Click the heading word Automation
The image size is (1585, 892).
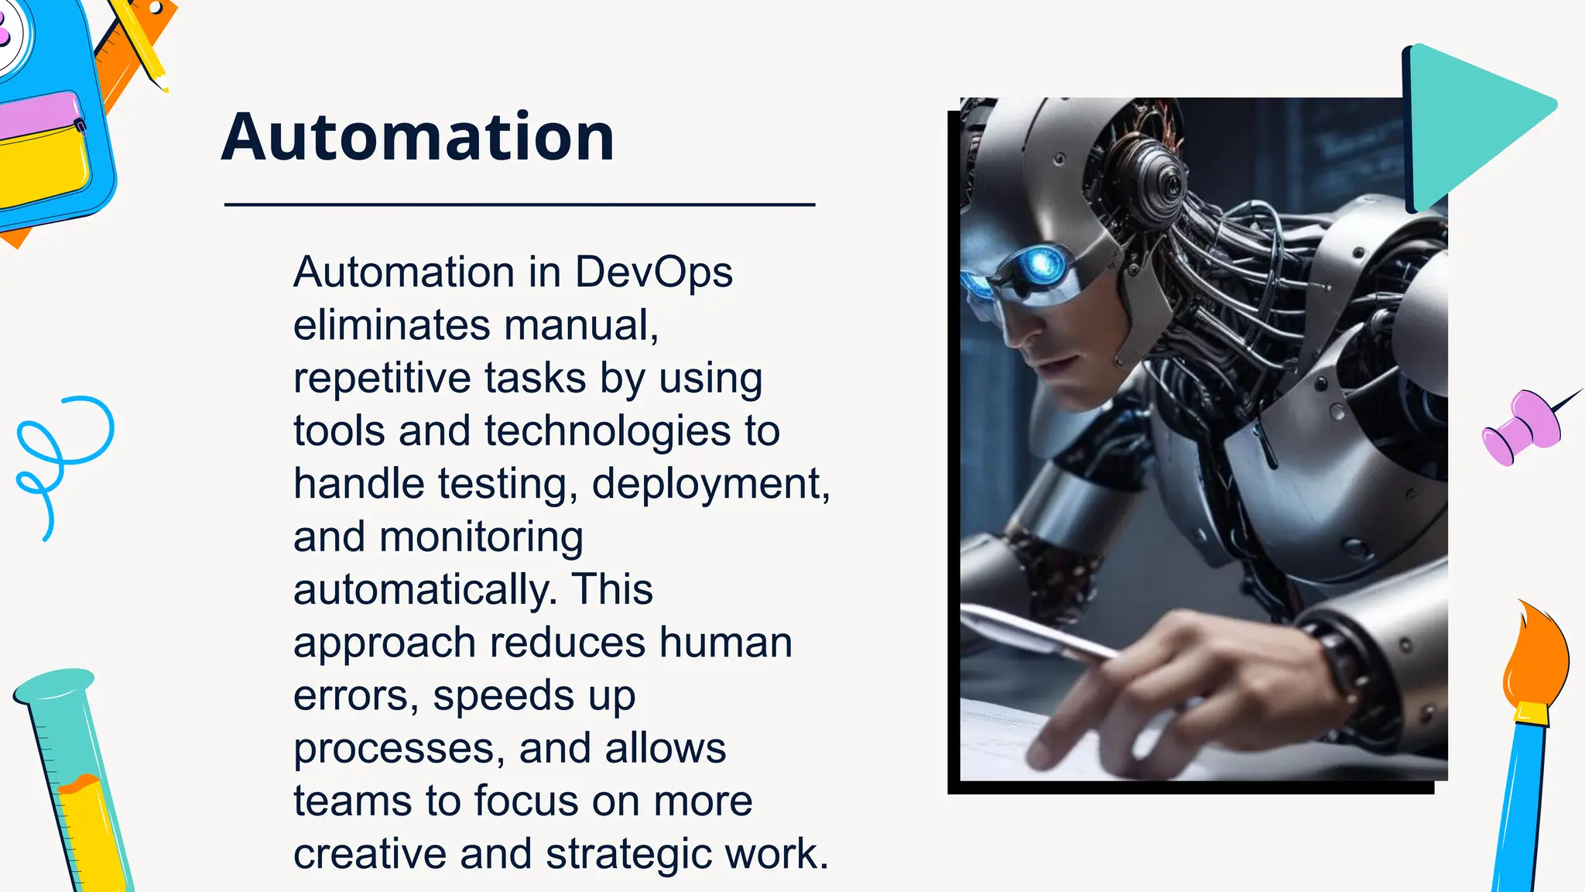[418, 137]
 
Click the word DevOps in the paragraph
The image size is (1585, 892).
[653, 273]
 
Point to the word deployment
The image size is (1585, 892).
[710, 484]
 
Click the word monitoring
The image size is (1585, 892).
[481, 538]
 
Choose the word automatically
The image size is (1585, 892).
[425, 590]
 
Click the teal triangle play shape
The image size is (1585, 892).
[1470, 124]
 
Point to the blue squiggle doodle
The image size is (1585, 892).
[62, 457]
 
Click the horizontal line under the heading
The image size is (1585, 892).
[519, 204]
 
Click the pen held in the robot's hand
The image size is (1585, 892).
[1037, 631]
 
